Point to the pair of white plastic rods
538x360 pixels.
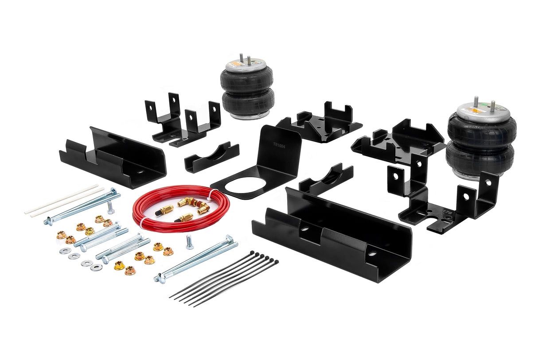coord(62,199)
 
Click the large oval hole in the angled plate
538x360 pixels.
coord(245,185)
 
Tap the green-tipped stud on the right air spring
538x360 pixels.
coord(492,105)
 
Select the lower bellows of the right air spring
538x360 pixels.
coord(480,157)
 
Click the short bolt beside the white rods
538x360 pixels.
coord(111,207)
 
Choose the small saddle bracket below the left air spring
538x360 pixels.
coord(212,157)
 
